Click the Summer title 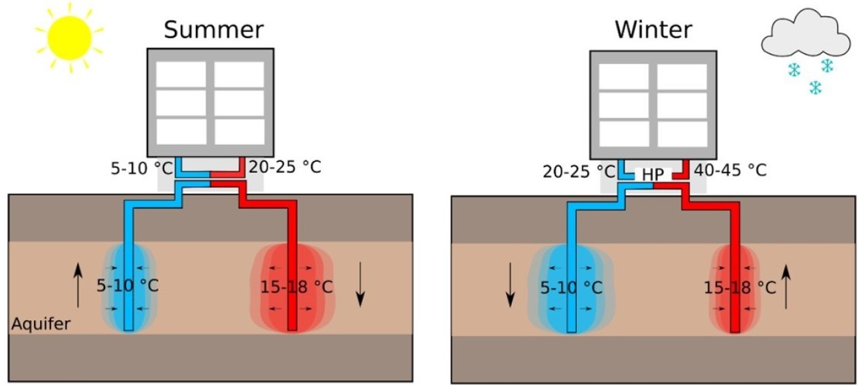[x=213, y=30]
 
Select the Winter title [x=653, y=30]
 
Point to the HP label [x=653, y=174]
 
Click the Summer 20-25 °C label [x=284, y=166]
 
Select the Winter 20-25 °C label [x=570, y=170]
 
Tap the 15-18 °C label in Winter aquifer [x=740, y=288]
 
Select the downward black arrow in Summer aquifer [x=360, y=284]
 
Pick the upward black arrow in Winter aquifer [x=787, y=287]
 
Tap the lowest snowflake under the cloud [x=815, y=88]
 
